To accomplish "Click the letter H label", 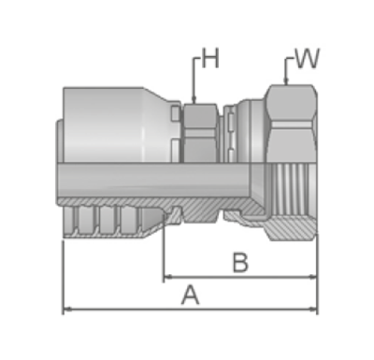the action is (210, 58).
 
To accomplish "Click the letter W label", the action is (307, 58).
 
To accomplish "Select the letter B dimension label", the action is (240, 263).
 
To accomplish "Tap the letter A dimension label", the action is (190, 295).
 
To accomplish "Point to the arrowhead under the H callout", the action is (194, 100).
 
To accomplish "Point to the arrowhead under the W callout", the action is (285, 81).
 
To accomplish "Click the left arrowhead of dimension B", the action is (168, 277).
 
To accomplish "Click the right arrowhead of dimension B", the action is (312, 277).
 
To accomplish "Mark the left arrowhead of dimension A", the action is (67, 310).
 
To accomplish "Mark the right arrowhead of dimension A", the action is (312, 310).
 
